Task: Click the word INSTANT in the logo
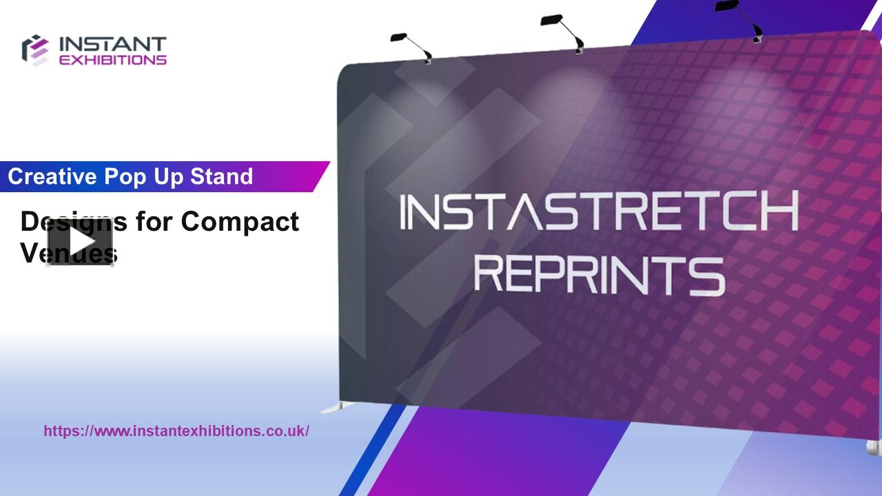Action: pos(113,45)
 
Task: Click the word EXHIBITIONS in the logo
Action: pos(113,60)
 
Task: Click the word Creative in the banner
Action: pos(52,177)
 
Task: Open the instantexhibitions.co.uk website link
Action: pos(176,431)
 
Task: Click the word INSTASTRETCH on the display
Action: pos(598,212)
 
